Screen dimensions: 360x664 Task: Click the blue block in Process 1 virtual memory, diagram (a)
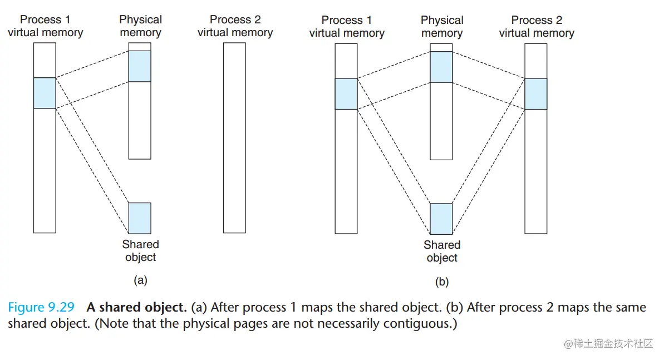click(45, 93)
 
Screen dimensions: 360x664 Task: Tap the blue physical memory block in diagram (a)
click(140, 66)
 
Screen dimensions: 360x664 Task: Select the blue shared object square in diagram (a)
click(140, 218)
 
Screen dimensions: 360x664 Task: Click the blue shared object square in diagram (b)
click(441, 219)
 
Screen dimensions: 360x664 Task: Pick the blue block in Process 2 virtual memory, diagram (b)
click(536, 93)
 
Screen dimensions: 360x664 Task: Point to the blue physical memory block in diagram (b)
click(441, 67)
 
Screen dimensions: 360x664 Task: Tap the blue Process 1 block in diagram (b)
click(346, 93)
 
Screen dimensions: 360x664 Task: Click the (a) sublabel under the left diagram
click(140, 280)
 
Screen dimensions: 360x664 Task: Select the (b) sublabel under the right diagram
click(441, 282)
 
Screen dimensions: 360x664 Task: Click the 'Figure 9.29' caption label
click(41, 308)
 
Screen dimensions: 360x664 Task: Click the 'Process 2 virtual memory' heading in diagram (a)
click(235, 26)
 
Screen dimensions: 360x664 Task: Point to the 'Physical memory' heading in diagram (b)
click(442, 27)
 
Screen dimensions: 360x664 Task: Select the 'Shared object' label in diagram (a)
click(140, 250)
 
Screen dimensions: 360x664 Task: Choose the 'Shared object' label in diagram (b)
click(442, 251)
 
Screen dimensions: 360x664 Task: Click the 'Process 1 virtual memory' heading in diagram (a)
click(45, 26)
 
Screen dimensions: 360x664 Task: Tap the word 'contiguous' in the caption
click(416, 323)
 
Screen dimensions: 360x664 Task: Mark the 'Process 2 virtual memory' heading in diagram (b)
click(537, 27)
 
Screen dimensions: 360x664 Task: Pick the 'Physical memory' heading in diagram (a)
click(140, 26)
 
